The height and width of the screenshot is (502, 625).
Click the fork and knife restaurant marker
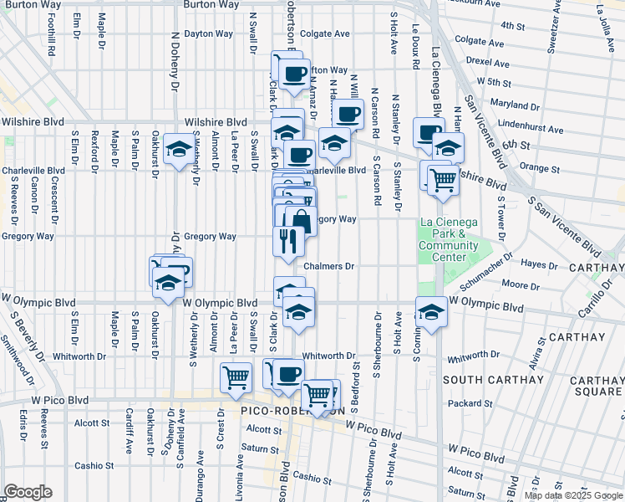[287, 242]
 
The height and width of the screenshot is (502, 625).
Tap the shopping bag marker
[302, 222]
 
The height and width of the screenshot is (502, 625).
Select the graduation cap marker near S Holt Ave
[431, 312]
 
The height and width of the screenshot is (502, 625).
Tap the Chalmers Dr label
[329, 266]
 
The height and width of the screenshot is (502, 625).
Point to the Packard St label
[488, 403]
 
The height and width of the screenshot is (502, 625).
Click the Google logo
[27, 492]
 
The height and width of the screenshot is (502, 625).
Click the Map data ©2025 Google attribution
[573, 495]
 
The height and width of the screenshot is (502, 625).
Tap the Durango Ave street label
[200, 478]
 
